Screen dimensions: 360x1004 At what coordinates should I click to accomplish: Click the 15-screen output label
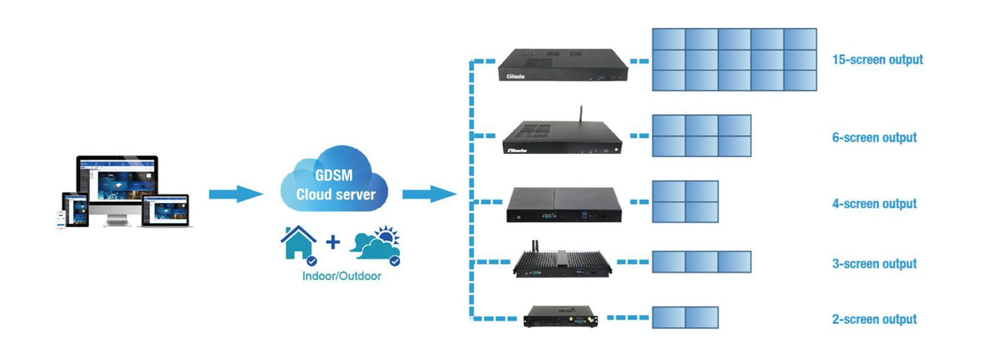point(878,59)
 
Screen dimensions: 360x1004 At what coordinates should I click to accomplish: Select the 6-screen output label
point(874,137)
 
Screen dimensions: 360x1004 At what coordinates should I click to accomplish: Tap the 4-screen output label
point(874,204)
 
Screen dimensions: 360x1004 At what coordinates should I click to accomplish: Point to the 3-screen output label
point(874,264)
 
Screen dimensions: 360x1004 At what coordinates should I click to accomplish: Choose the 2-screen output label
point(874,319)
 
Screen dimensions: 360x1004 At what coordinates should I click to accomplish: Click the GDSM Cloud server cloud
point(335,186)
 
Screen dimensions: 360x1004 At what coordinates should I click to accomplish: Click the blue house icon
point(298,244)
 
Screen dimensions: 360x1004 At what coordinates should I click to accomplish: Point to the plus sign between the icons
point(333,242)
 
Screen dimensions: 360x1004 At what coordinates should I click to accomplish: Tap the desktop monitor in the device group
point(117,184)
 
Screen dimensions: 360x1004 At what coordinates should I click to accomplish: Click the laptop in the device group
point(165,210)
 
